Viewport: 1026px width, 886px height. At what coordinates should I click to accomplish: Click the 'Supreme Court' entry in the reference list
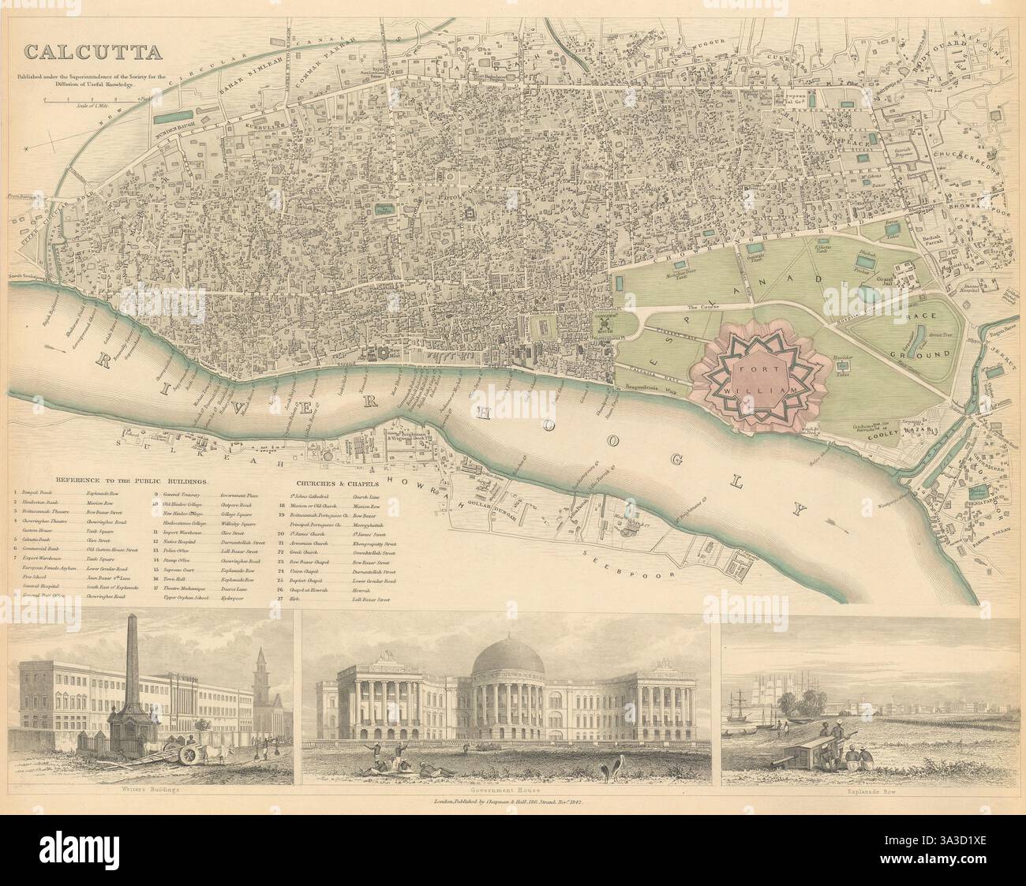[x=178, y=567]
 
